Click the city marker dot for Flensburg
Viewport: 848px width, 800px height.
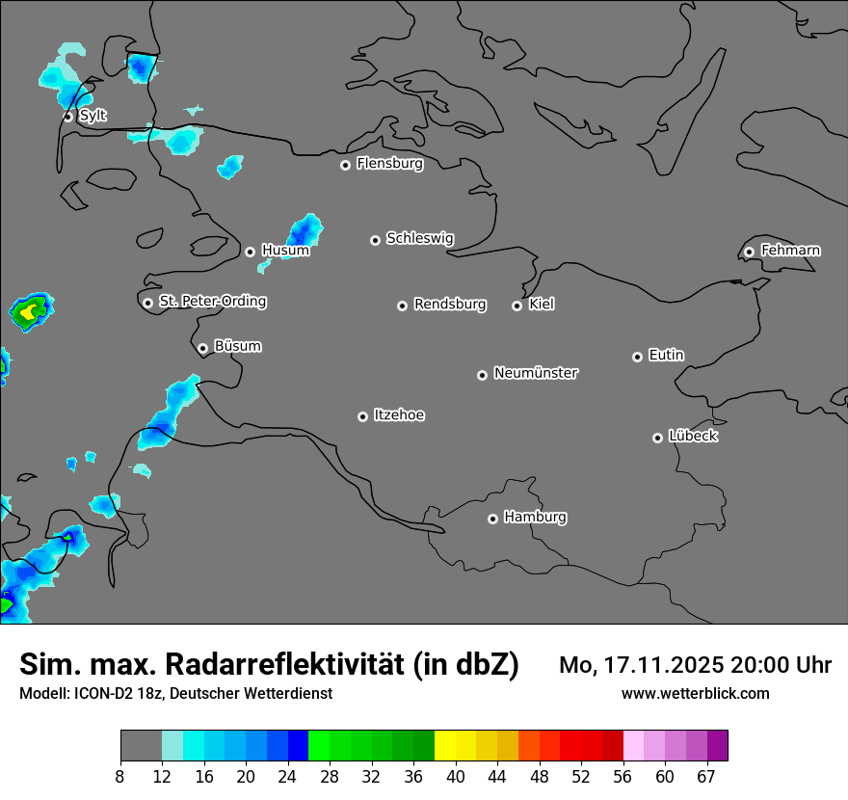click(345, 165)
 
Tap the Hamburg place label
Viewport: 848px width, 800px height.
click(535, 517)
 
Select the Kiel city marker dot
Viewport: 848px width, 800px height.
click(517, 306)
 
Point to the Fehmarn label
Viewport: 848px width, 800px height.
click(790, 251)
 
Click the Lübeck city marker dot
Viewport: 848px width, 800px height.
click(657, 438)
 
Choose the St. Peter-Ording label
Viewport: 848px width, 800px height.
click(212, 301)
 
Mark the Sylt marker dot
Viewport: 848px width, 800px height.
click(68, 117)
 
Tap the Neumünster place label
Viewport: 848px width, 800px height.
click(536, 372)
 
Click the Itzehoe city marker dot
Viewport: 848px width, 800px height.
click(362, 416)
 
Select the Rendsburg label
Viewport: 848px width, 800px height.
click(450, 305)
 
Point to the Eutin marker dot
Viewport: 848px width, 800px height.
click(637, 357)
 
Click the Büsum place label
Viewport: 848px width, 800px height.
click(237, 346)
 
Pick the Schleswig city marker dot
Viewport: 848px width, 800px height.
click(375, 240)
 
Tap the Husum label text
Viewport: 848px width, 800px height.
click(285, 251)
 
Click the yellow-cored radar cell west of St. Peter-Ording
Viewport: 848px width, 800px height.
click(31, 310)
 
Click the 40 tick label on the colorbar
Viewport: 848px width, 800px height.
click(455, 777)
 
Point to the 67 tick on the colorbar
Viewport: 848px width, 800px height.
click(706, 777)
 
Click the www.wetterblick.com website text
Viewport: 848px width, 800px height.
click(695, 693)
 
